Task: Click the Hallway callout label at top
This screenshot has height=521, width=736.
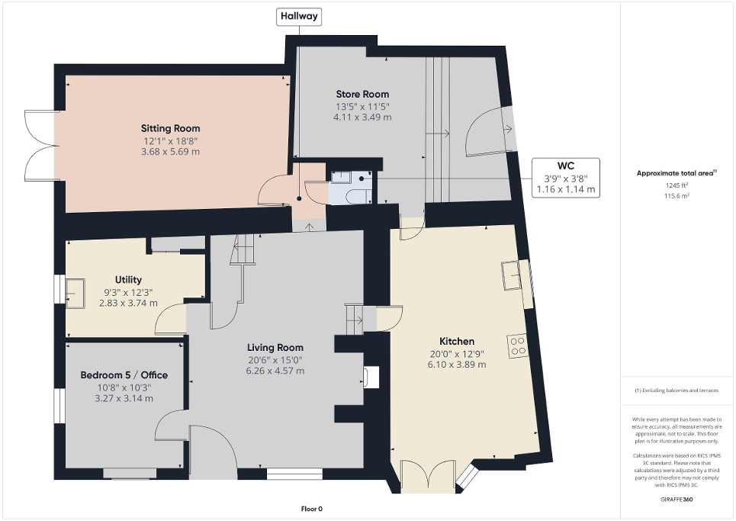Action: (300, 16)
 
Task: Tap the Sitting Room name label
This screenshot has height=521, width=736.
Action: (170, 128)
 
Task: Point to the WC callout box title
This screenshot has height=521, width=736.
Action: (564, 166)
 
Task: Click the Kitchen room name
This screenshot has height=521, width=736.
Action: (457, 341)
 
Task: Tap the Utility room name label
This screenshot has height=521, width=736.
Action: (128, 280)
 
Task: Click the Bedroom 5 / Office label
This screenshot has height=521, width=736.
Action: (124, 375)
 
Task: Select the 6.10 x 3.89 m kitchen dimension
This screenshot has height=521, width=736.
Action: (457, 365)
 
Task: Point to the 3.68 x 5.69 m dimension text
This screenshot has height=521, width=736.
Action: (170, 152)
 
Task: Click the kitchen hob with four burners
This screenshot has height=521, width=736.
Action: (518, 346)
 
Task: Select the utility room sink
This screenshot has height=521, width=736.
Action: (76, 291)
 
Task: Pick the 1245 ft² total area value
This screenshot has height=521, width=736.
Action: (677, 185)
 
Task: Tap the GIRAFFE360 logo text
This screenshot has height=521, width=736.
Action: (677, 500)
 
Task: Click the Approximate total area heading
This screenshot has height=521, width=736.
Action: (676, 173)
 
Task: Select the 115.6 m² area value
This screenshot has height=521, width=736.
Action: (677, 195)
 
